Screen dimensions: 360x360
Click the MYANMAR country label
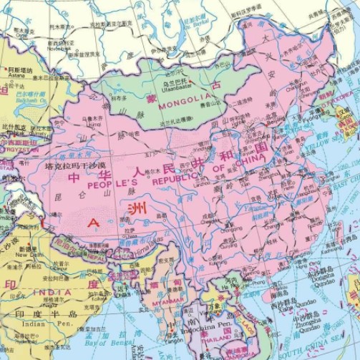[168, 301]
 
